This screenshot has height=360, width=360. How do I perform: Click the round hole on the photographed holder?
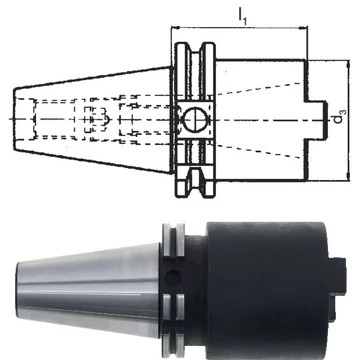(x=173, y=278)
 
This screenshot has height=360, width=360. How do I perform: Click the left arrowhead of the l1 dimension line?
(x=174, y=27)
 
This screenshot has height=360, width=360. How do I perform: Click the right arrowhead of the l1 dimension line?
(x=303, y=28)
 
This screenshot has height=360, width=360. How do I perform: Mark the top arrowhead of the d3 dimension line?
(x=348, y=64)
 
